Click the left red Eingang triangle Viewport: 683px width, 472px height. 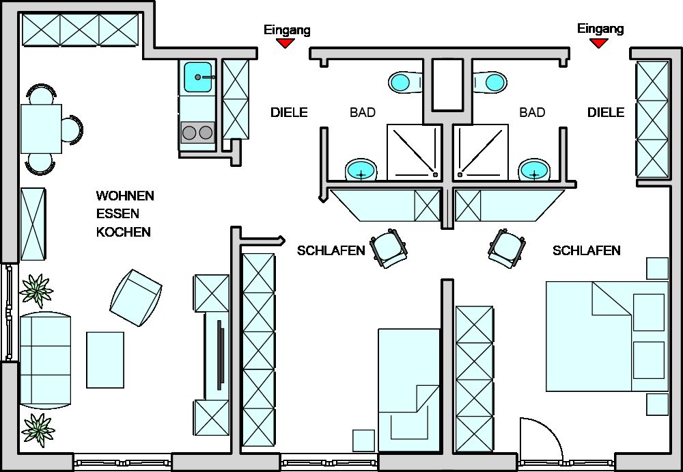point(285,43)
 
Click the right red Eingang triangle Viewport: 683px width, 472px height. point(599,42)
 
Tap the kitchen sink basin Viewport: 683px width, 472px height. point(198,76)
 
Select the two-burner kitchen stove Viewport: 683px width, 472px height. point(198,132)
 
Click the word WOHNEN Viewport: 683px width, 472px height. point(125,196)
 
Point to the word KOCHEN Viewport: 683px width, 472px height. point(123,233)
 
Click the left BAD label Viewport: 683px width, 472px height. point(362,113)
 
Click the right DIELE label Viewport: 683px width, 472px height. point(606,113)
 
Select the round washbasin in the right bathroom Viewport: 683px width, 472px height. point(533,169)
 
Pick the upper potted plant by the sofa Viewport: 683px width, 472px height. point(36,291)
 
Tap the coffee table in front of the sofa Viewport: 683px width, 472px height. point(105,359)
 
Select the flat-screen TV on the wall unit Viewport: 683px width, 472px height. point(219,354)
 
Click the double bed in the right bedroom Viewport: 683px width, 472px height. point(604,335)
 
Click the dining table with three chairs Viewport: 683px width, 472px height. point(41,128)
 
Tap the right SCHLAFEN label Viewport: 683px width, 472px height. point(587,251)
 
